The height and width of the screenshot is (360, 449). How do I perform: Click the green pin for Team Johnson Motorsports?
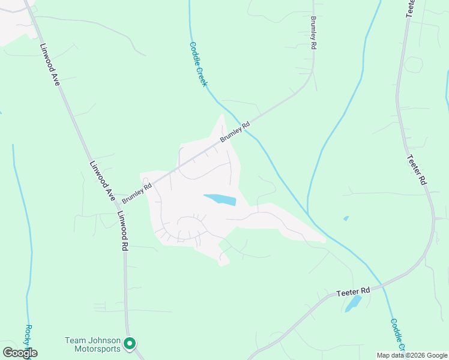pyautogui.click(x=130, y=344)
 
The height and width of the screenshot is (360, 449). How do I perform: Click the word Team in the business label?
pyautogui.click(x=74, y=340)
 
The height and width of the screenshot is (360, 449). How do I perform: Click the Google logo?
pyautogui.click(x=20, y=353)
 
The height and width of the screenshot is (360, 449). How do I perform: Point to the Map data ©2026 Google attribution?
pyautogui.click(x=412, y=355)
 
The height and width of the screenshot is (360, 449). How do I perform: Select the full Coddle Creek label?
pyautogui.click(x=198, y=64)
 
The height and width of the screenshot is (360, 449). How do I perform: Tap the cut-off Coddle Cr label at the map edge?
pyautogui.click(x=397, y=334)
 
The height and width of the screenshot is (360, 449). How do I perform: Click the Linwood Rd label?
pyautogui.click(x=122, y=230)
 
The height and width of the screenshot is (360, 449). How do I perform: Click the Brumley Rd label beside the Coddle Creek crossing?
pyautogui.click(x=235, y=132)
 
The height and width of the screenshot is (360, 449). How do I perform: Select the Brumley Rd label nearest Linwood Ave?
pyautogui.click(x=137, y=193)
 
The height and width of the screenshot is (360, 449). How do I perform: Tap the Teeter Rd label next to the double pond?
pyautogui.click(x=352, y=290)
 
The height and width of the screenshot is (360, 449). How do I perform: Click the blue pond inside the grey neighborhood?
pyautogui.click(x=220, y=199)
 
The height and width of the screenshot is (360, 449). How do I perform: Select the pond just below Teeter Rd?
pyautogui.click(x=353, y=304)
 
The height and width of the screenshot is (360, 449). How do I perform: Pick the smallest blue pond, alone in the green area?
pyautogui.click(x=346, y=218)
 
